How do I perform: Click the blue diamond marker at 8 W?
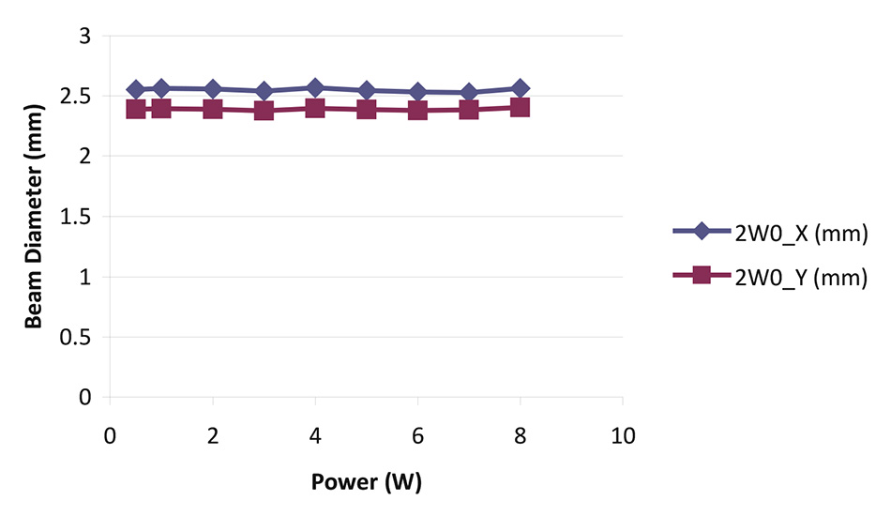point(520,88)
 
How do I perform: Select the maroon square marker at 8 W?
point(520,108)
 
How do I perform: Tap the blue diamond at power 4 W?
point(315,88)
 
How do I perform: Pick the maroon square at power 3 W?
point(264,111)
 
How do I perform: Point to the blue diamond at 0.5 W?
point(136,90)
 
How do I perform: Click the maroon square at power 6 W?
point(417,111)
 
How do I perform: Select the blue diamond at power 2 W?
point(213,89)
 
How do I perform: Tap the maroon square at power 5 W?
point(366,110)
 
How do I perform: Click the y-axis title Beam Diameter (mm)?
point(35,216)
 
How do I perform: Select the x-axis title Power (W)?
point(367,484)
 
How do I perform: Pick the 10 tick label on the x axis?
point(623,436)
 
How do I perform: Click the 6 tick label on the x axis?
point(417,436)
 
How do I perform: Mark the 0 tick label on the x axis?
point(110,436)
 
